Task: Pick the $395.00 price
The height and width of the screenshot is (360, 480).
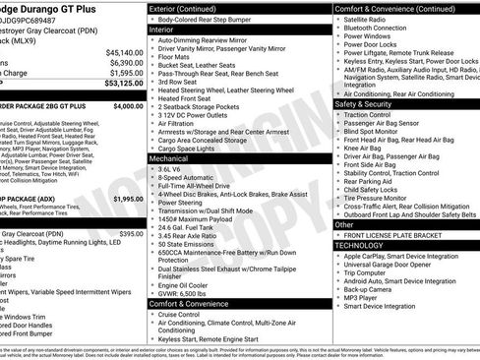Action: point(131,234)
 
